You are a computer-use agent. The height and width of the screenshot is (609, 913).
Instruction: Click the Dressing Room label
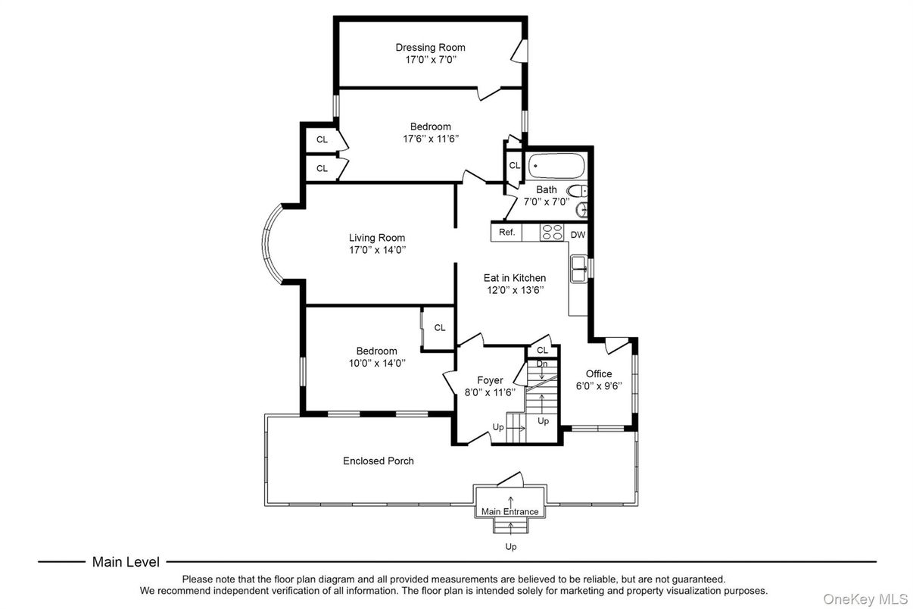click(430, 48)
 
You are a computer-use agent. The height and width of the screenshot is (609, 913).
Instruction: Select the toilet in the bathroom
click(578, 191)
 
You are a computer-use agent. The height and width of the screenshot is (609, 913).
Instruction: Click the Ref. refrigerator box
click(506, 233)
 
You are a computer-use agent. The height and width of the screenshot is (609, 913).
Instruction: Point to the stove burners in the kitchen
click(552, 233)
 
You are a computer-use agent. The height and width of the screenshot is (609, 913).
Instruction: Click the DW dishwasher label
click(578, 235)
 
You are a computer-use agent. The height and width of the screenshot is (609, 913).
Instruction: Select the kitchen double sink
click(580, 268)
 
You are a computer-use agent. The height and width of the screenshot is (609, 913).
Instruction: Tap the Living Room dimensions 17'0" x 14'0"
click(377, 249)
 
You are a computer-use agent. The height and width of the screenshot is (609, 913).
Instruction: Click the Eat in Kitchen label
click(514, 278)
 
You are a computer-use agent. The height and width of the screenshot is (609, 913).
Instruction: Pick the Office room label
click(598, 373)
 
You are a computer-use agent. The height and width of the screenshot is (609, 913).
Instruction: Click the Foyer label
click(490, 380)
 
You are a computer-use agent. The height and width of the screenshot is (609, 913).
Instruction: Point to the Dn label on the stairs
click(542, 364)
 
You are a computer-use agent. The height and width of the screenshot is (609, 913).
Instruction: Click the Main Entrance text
click(509, 511)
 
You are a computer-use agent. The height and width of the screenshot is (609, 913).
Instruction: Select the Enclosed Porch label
click(378, 461)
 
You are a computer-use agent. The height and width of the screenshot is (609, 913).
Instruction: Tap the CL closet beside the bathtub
click(515, 165)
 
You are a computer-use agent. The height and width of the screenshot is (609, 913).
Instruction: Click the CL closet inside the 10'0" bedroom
click(439, 327)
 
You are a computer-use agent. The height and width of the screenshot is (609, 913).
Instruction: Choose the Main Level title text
click(126, 562)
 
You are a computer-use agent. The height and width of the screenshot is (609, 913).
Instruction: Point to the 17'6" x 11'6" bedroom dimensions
click(430, 139)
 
